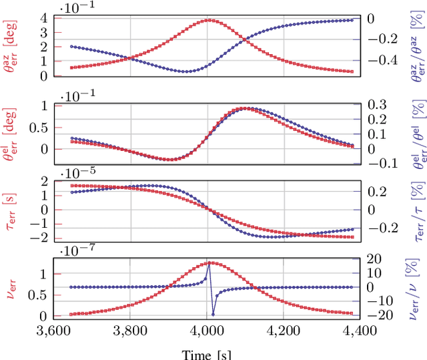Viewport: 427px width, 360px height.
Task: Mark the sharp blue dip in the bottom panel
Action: pos(213,314)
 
